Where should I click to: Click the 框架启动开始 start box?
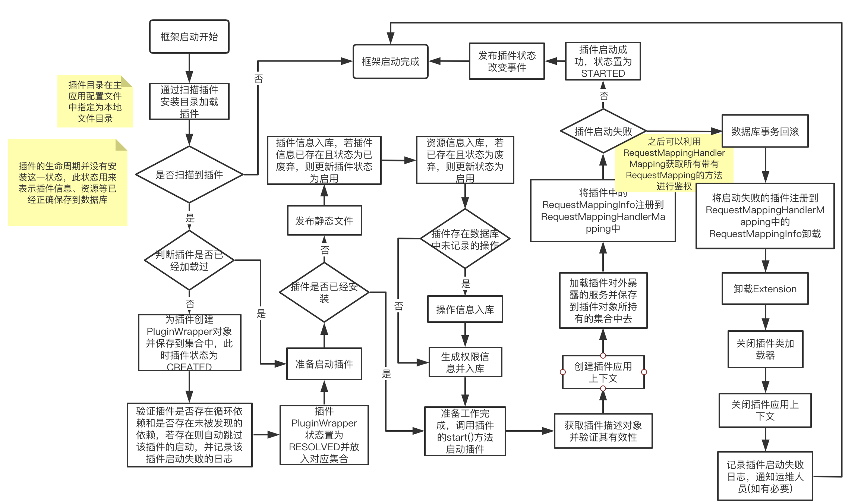[x=189, y=37]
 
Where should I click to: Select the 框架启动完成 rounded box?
[x=390, y=62]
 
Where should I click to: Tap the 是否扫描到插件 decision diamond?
[x=189, y=174]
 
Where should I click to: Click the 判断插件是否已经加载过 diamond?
[x=189, y=260]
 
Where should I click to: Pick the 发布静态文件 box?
[x=324, y=221]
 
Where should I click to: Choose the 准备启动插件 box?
[x=324, y=364]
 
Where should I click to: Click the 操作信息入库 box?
[x=465, y=309]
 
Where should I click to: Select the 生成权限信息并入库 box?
[x=465, y=362]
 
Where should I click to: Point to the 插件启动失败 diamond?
[x=603, y=131]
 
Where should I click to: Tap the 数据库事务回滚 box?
[x=765, y=131]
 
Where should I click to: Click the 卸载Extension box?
[x=765, y=289]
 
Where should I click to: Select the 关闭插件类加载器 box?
[x=765, y=349]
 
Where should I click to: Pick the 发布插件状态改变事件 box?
[x=507, y=62]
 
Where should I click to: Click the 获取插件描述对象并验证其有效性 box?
[x=603, y=431]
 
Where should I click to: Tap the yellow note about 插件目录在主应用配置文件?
[x=95, y=101]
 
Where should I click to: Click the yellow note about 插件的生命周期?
[x=67, y=183]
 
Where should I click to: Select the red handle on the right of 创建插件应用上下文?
[x=644, y=372]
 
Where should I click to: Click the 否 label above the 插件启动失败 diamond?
[x=603, y=96]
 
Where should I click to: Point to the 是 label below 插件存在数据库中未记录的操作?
[x=466, y=283]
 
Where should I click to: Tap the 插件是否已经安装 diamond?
[x=324, y=292]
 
